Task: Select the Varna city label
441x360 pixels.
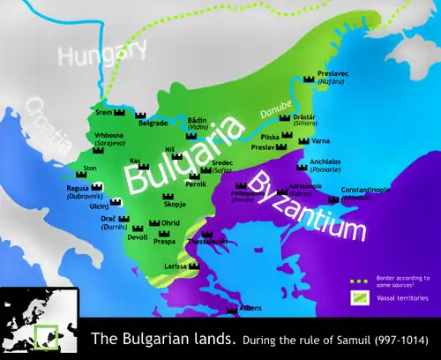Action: [318, 140]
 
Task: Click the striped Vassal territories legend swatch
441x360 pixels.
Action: [358, 297]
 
